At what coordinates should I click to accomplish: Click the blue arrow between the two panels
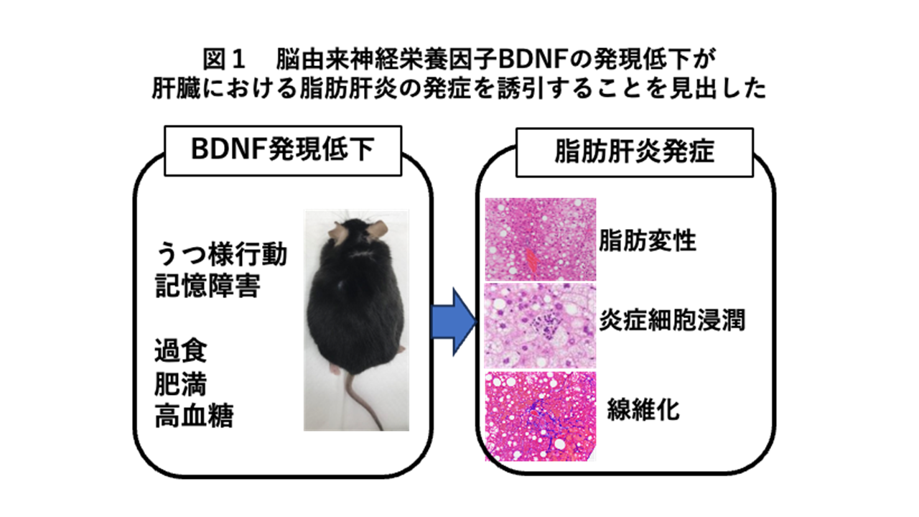click(453, 322)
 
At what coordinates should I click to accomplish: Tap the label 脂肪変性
click(648, 241)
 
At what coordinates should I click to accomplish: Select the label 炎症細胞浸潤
click(671, 320)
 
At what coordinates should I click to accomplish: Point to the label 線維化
click(643, 409)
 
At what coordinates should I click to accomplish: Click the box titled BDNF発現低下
click(283, 151)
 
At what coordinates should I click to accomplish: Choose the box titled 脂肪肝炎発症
click(634, 153)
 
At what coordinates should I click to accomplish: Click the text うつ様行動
click(222, 254)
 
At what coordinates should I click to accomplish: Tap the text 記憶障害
click(207, 286)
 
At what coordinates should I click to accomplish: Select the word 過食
click(181, 351)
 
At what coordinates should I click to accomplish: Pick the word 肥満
click(181, 384)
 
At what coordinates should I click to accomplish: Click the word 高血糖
click(194, 416)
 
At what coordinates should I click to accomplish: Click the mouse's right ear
click(378, 229)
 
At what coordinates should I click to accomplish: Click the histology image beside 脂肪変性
click(541, 240)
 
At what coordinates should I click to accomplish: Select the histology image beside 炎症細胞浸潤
click(540, 326)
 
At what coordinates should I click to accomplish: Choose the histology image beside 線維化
click(541, 416)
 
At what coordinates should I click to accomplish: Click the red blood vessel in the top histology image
click(532, 261)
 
